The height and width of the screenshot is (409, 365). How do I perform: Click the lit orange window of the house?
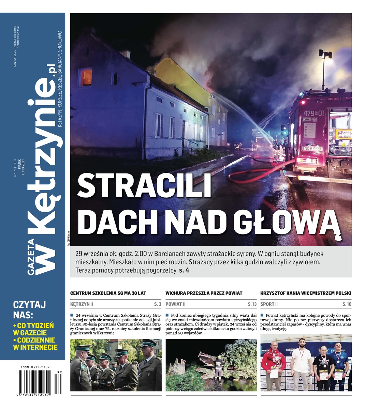pyautogui.click(x=86, y=77)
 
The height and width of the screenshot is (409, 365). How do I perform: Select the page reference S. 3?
pyautogui.click(x=157, y=304)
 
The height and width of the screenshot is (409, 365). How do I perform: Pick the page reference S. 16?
pyautogui.click(x=347, y=304)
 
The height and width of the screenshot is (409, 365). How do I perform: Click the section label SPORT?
pyautogui.click(x=267, y=304)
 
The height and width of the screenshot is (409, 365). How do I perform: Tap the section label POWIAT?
pyautogui.click(x=174, y=304)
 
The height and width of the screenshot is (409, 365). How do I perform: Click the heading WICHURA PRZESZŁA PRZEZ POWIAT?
pyautogui.click(x=204, y=293)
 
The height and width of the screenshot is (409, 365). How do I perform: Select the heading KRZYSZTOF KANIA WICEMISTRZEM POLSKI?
pyautogui.click(x=306, y=293)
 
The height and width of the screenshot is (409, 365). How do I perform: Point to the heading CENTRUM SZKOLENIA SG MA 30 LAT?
pyautogui.click(x=108, y=293)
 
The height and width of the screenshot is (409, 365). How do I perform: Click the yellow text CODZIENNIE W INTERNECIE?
pyautogui.click(x=35, y=344)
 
